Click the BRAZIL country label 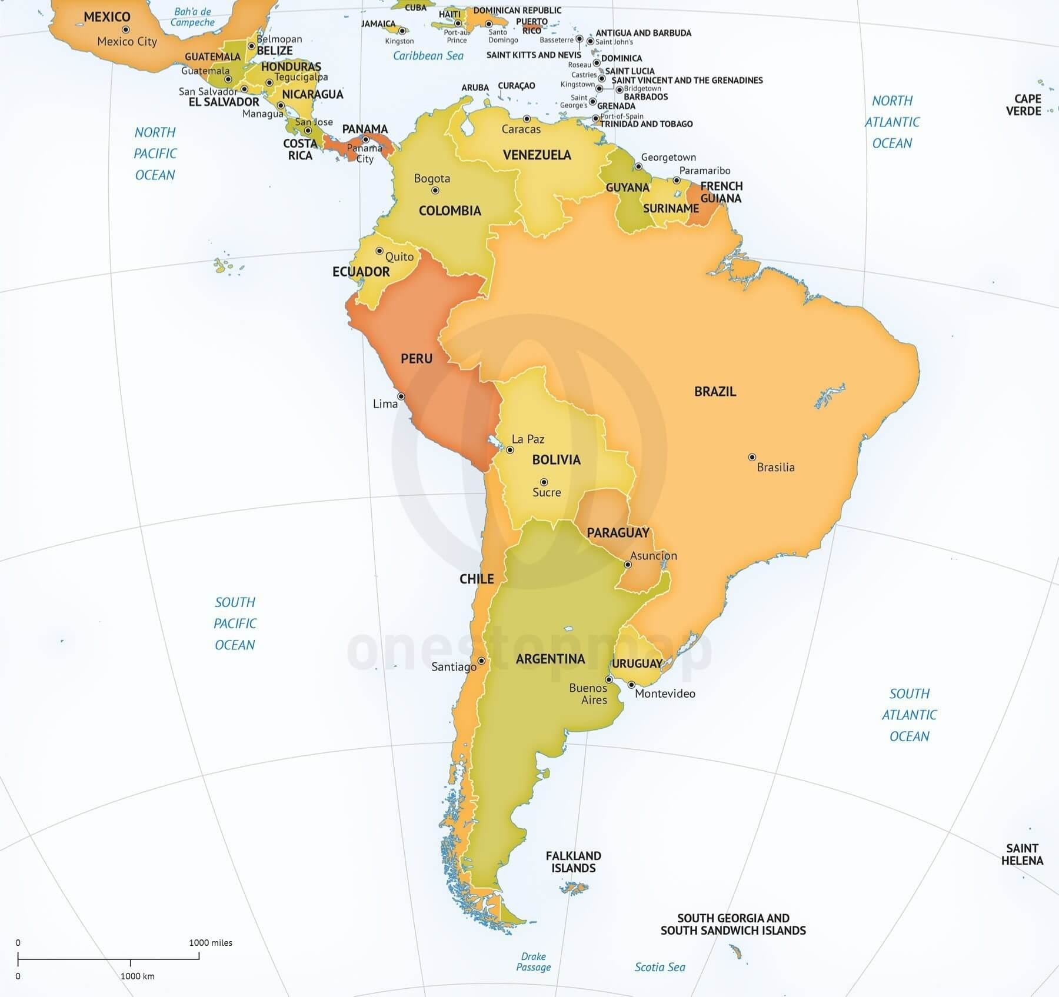click(x=715, y=392)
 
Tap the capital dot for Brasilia click(x=752, y=457)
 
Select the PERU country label click(x=417, y=359)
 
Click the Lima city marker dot click(x=401, y=396)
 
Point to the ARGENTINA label click(x=550, y=659)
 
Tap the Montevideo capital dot click(x=631, y=685)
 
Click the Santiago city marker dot click(x=481, y=661)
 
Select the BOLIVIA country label click(x=556, y=460)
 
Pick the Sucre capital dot click(x=544, y=482)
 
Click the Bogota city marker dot click(x=435, y=190)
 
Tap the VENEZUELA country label click(x=537, y=155)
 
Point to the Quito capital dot click(x=379, y=251)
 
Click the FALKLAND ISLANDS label click(x=573, y=862)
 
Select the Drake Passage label click(x=534, y=962)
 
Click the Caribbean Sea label click(x=428, y=56)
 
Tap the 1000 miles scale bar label click(x=210, y=942)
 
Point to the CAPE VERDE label click(x=1023, y=105)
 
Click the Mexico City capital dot click(x=125, y=29)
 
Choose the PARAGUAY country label click(x=618, y=533)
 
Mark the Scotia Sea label click(x=660, y=967)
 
